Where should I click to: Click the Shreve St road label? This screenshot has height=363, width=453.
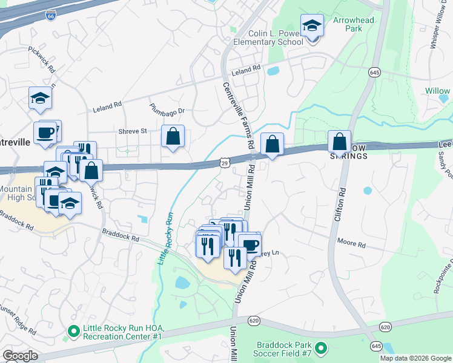[135, 131]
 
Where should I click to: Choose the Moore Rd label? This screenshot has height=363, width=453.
[352, 245]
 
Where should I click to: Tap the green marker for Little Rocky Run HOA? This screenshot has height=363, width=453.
[73, 331]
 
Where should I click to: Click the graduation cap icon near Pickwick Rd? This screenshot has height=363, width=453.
[40, 98]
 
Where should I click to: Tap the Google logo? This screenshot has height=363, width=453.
[20, 356]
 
